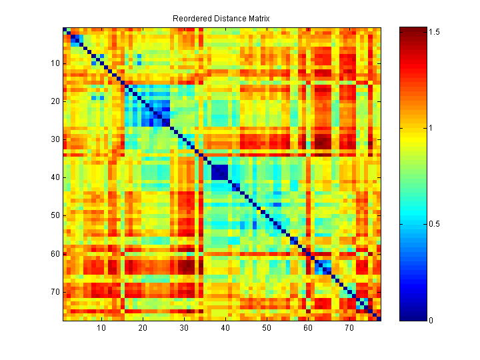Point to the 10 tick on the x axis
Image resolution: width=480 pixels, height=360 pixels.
(101, 329)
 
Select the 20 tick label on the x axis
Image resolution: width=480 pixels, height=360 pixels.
(143, 329)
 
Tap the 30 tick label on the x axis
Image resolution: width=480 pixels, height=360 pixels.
(184, 329)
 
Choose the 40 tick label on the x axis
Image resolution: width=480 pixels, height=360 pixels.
(225, 329)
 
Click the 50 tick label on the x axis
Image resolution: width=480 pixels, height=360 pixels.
(267, 329)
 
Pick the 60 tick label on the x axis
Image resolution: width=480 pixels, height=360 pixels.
(308, 329)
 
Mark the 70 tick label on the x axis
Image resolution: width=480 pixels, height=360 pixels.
(349, 329)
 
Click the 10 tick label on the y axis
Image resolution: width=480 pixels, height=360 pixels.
(55, 63)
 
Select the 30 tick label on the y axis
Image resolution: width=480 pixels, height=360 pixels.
(55, 139)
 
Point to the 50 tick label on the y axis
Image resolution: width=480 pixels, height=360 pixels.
(55, 215)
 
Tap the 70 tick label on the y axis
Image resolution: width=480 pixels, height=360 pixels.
(55, 291)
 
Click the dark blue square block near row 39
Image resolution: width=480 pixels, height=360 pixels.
(219, 172)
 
